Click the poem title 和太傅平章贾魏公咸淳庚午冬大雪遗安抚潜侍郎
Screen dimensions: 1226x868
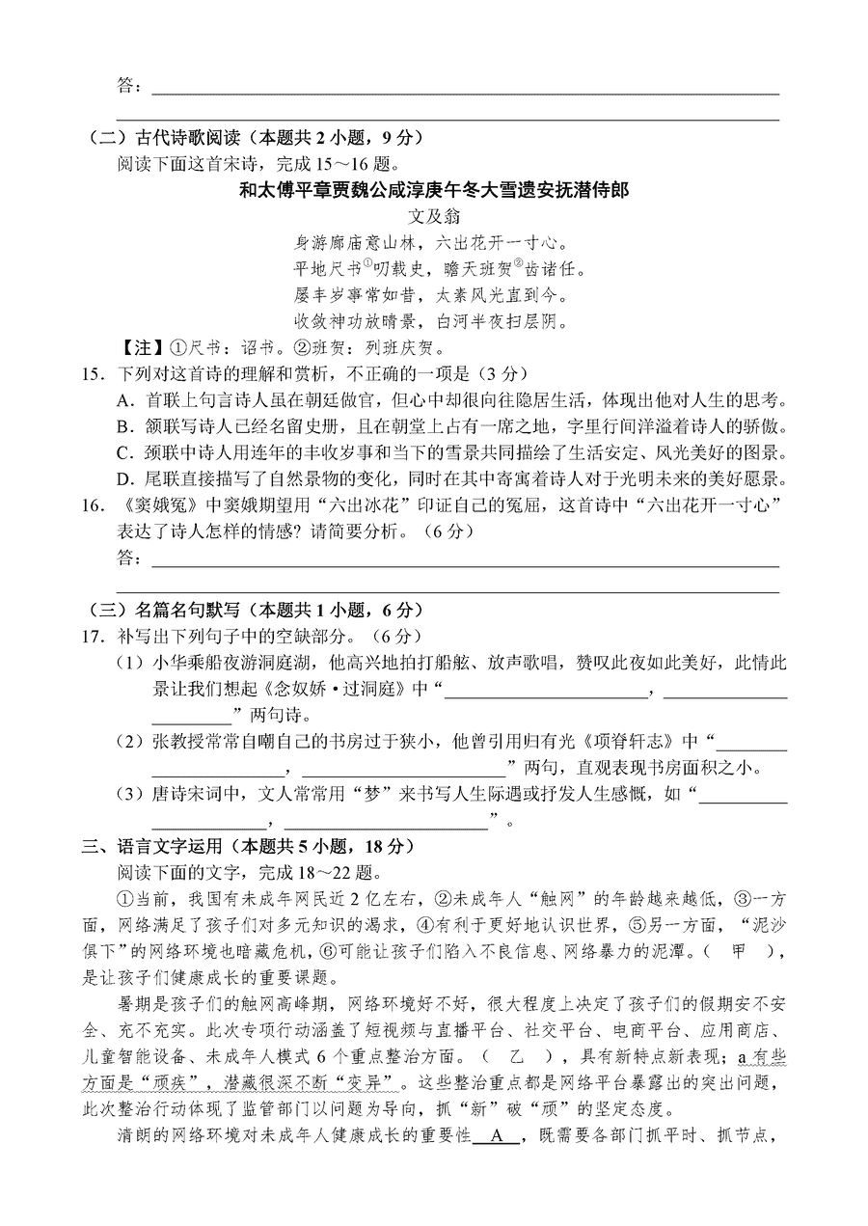(x=433, y=190)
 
